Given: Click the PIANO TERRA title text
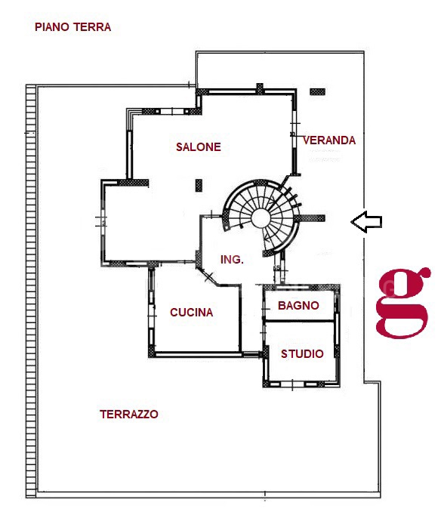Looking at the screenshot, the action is click(x=72, y=27).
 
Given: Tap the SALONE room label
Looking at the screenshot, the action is click(x=199, y=147).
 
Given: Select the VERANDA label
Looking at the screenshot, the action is click(x=329, y=140).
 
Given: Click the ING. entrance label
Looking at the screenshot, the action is click(x=232, y=259).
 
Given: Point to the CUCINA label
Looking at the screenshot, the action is click(x=191, y=313).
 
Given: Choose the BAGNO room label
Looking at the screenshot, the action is click(x=298, y=305).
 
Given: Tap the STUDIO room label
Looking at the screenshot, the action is click(x=302, y=354).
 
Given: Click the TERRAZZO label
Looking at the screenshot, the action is click(x=129, y=415).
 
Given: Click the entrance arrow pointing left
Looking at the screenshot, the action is click(x=366, y=222).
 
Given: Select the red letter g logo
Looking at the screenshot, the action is click(x=402, y=302).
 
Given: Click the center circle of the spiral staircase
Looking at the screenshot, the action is click(x=261, y=219).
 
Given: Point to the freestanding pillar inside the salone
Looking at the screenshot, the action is click(x=199, y=186).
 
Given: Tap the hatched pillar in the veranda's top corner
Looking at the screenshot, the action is click(x=317, y=91).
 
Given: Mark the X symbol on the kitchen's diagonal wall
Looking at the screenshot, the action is click(x=209, y=276).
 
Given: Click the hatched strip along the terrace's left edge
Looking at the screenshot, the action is click(x=31, y=291).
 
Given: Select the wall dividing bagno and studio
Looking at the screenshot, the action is click(x=298, y=321).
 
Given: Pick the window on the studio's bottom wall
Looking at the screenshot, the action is click(x=292, y=384).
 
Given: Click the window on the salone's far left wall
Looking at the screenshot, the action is click(x=103, y=221).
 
